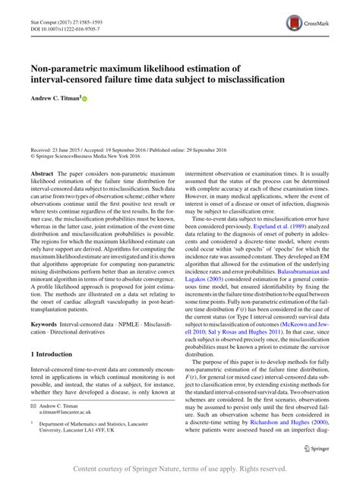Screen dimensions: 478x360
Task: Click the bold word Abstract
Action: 42,173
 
